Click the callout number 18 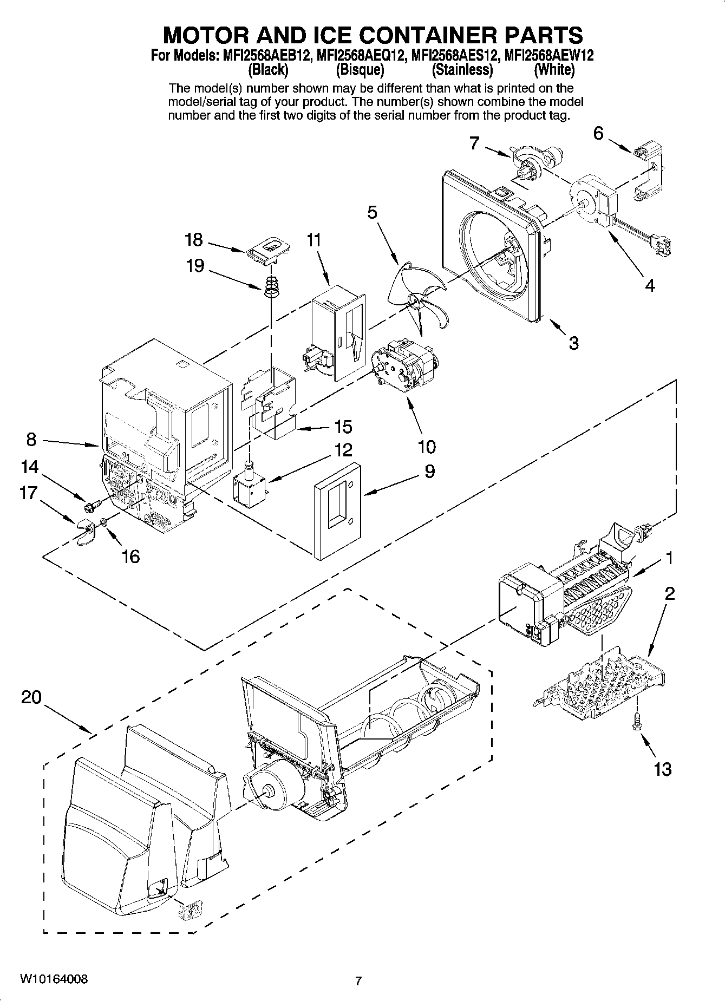click(193, 239)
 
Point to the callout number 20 click(31, 697)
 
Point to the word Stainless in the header click(462, 70)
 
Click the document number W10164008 click(53, 978)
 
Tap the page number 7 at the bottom click(358, 980)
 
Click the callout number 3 click(573, 342)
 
